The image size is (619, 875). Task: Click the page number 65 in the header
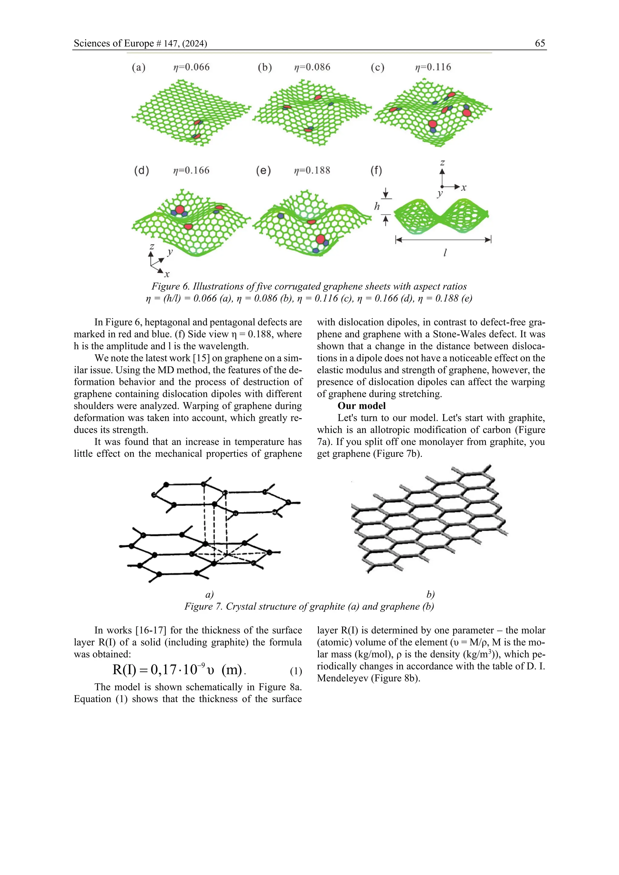coord(540,43)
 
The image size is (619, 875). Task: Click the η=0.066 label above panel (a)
coord(191,67)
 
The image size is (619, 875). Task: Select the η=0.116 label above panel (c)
coord(433,67)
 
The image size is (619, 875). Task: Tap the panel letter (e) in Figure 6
coord(263,170)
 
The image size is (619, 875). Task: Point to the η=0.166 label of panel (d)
coord(191,170)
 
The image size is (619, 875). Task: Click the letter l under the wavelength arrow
coord(445,252)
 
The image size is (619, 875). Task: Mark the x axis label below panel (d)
coord(167,274)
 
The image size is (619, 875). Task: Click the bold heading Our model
coord(361,406)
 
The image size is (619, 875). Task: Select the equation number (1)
coord(296,671)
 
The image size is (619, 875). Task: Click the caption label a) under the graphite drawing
coord(209,595)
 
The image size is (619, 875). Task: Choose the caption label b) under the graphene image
coord(430,595)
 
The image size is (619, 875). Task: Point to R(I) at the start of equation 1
coord(124,670)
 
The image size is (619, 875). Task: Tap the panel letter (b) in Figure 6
coord(265,67)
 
